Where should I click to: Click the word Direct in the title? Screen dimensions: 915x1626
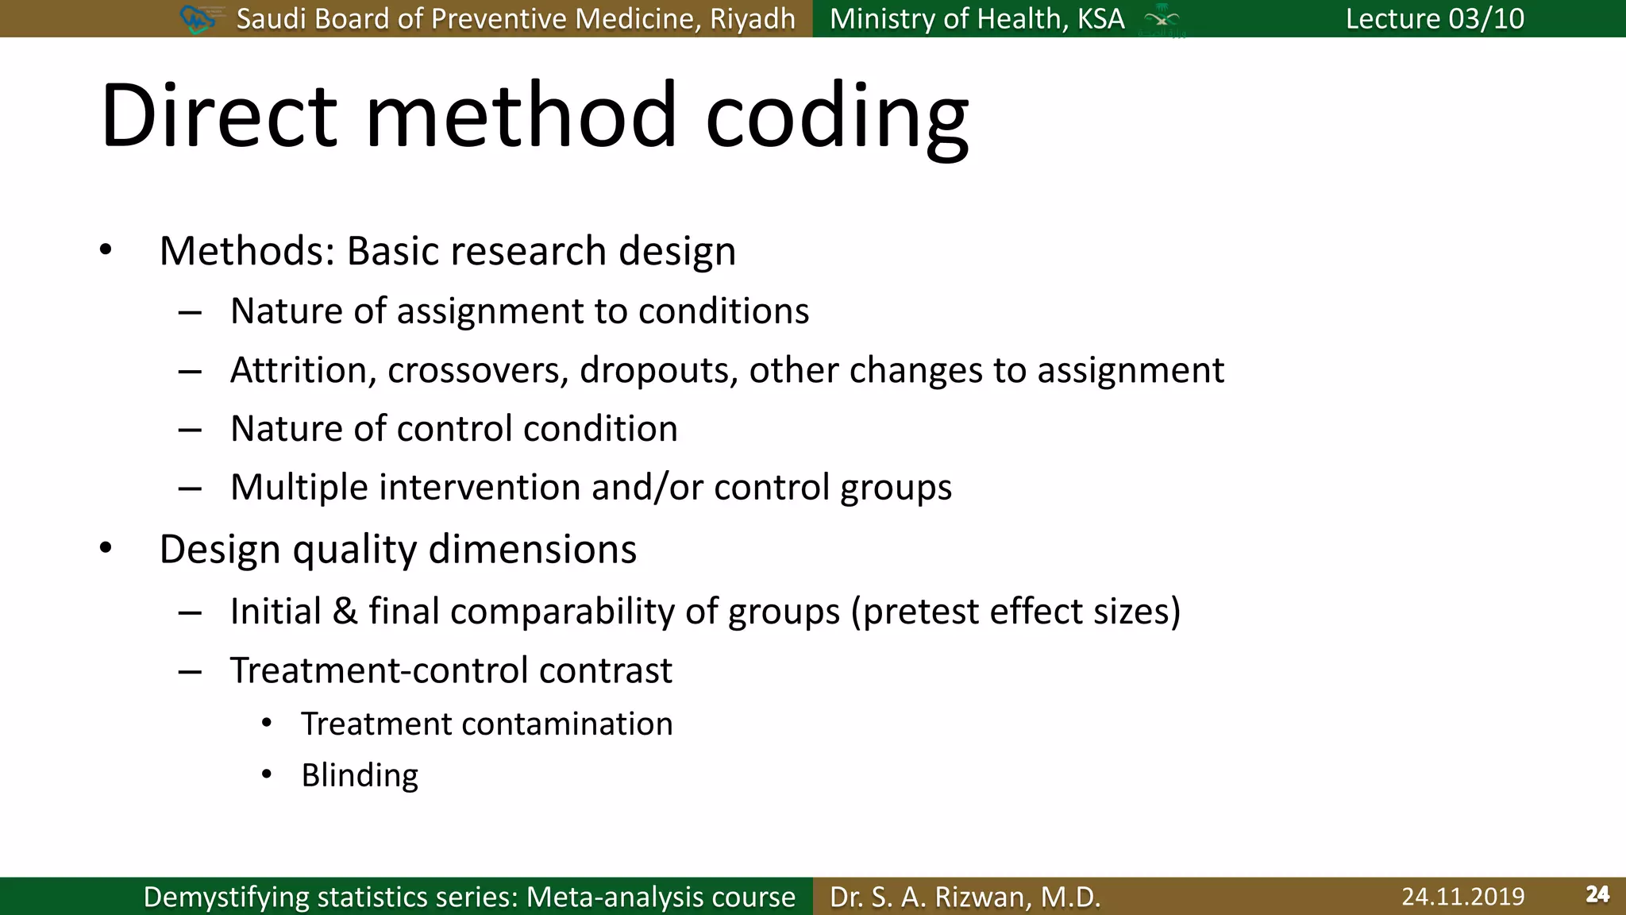coord(219,115)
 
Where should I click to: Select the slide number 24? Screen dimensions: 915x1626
coord(1597,894)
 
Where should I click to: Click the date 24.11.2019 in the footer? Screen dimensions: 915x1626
coord(1462,896)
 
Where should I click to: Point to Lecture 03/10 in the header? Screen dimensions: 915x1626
coord(1434,18)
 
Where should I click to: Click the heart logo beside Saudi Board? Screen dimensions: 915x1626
coord(198,18)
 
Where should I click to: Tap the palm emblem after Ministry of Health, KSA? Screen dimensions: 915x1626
coord(1162,19)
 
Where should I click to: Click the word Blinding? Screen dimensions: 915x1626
coord(360,775)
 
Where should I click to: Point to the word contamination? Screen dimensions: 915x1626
coord(566,724)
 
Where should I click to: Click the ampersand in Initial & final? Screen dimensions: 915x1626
coord(345,611)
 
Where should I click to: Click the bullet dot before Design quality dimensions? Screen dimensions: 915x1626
coord(106,548)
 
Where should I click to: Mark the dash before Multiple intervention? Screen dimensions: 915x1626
coord(190,488)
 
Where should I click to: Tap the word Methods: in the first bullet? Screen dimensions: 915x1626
coord(247,251)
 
